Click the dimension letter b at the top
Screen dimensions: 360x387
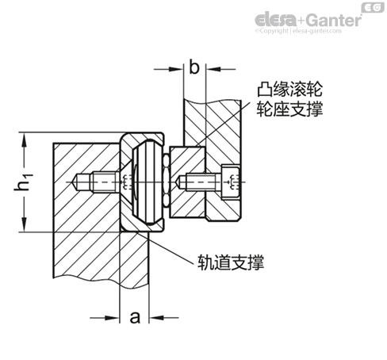pyautogui.click(x=194, y=67)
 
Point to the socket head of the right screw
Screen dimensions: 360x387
pyautogui.click(x=229, y=183)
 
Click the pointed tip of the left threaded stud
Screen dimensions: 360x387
pyautogui.click(x=79, y=183)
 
